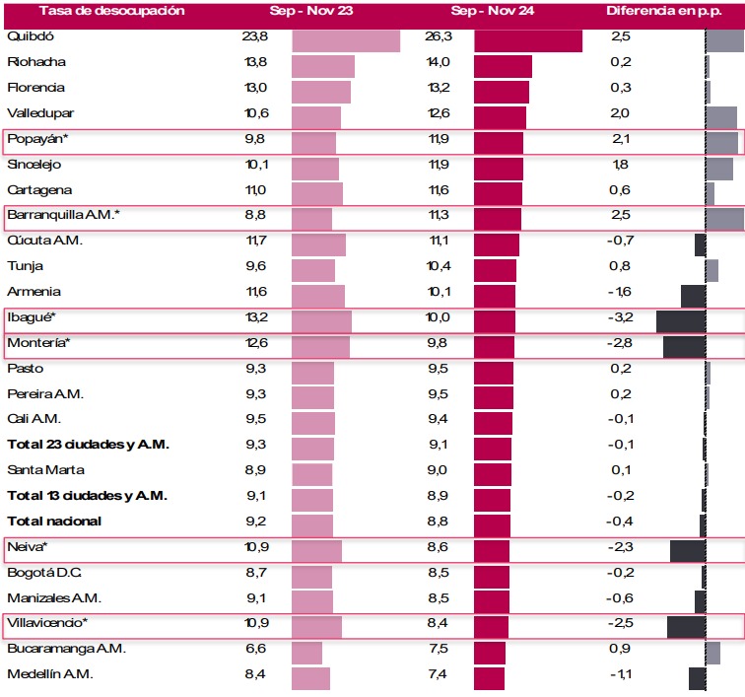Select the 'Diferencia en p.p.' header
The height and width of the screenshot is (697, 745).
[656, 12]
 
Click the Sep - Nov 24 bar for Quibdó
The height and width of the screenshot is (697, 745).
[528, 40]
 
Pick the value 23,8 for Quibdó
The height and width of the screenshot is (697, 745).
[255, 36]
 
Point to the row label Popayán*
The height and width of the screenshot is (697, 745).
[36, 139]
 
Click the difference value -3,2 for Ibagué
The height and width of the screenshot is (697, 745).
[621, 316]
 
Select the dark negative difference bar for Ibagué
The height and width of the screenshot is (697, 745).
[681, 320]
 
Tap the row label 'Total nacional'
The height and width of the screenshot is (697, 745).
[54, 521]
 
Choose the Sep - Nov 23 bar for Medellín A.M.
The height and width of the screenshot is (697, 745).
[311, 678]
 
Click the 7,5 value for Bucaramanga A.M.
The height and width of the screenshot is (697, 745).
[439, 649]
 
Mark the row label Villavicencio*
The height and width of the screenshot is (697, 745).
[47, 623]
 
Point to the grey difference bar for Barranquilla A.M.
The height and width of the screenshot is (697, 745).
[724, 219]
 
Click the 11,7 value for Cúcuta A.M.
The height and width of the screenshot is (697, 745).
[255, 241]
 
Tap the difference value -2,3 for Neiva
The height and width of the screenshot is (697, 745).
[621, 546]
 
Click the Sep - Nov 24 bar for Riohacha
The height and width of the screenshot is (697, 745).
[503, 66]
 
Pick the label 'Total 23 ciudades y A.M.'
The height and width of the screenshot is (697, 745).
[88, 445]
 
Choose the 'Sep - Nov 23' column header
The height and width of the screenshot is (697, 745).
[305, 12]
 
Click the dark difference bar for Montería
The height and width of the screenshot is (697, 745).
[684, 346]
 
